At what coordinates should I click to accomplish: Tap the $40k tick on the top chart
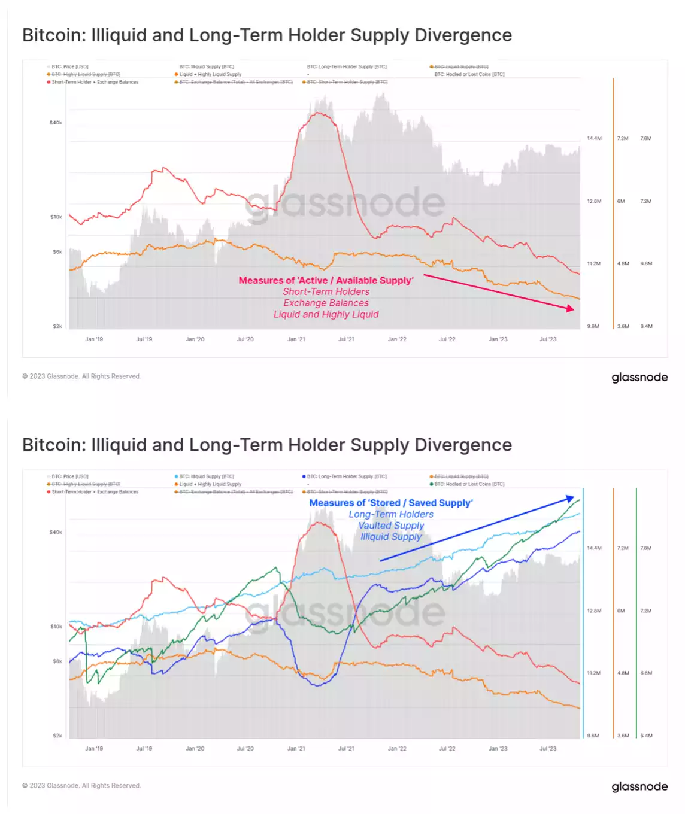pos(56,123)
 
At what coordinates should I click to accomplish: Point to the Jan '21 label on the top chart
pos(296,339)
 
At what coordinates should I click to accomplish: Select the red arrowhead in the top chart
pos(570,308)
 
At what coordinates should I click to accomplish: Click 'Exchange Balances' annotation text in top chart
pos(326,303)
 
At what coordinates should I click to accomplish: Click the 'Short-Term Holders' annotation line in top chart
pos(326,292)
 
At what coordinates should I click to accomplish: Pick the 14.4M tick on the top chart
pos(594,139)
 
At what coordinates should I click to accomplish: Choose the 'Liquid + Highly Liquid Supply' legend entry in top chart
pos(210,75)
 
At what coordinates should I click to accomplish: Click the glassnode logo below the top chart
pos(639,378)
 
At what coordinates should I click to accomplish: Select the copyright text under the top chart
pos(81,376)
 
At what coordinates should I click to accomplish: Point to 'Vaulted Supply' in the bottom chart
pos(391,526)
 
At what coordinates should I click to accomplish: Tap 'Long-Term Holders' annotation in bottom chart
pos(391,514)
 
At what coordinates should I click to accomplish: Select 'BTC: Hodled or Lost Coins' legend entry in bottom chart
pos(469,484)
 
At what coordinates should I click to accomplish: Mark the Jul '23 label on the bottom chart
pos(548,749)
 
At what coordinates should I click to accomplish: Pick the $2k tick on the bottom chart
pos(57,736)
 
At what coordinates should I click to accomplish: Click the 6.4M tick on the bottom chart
pos(646,736)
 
